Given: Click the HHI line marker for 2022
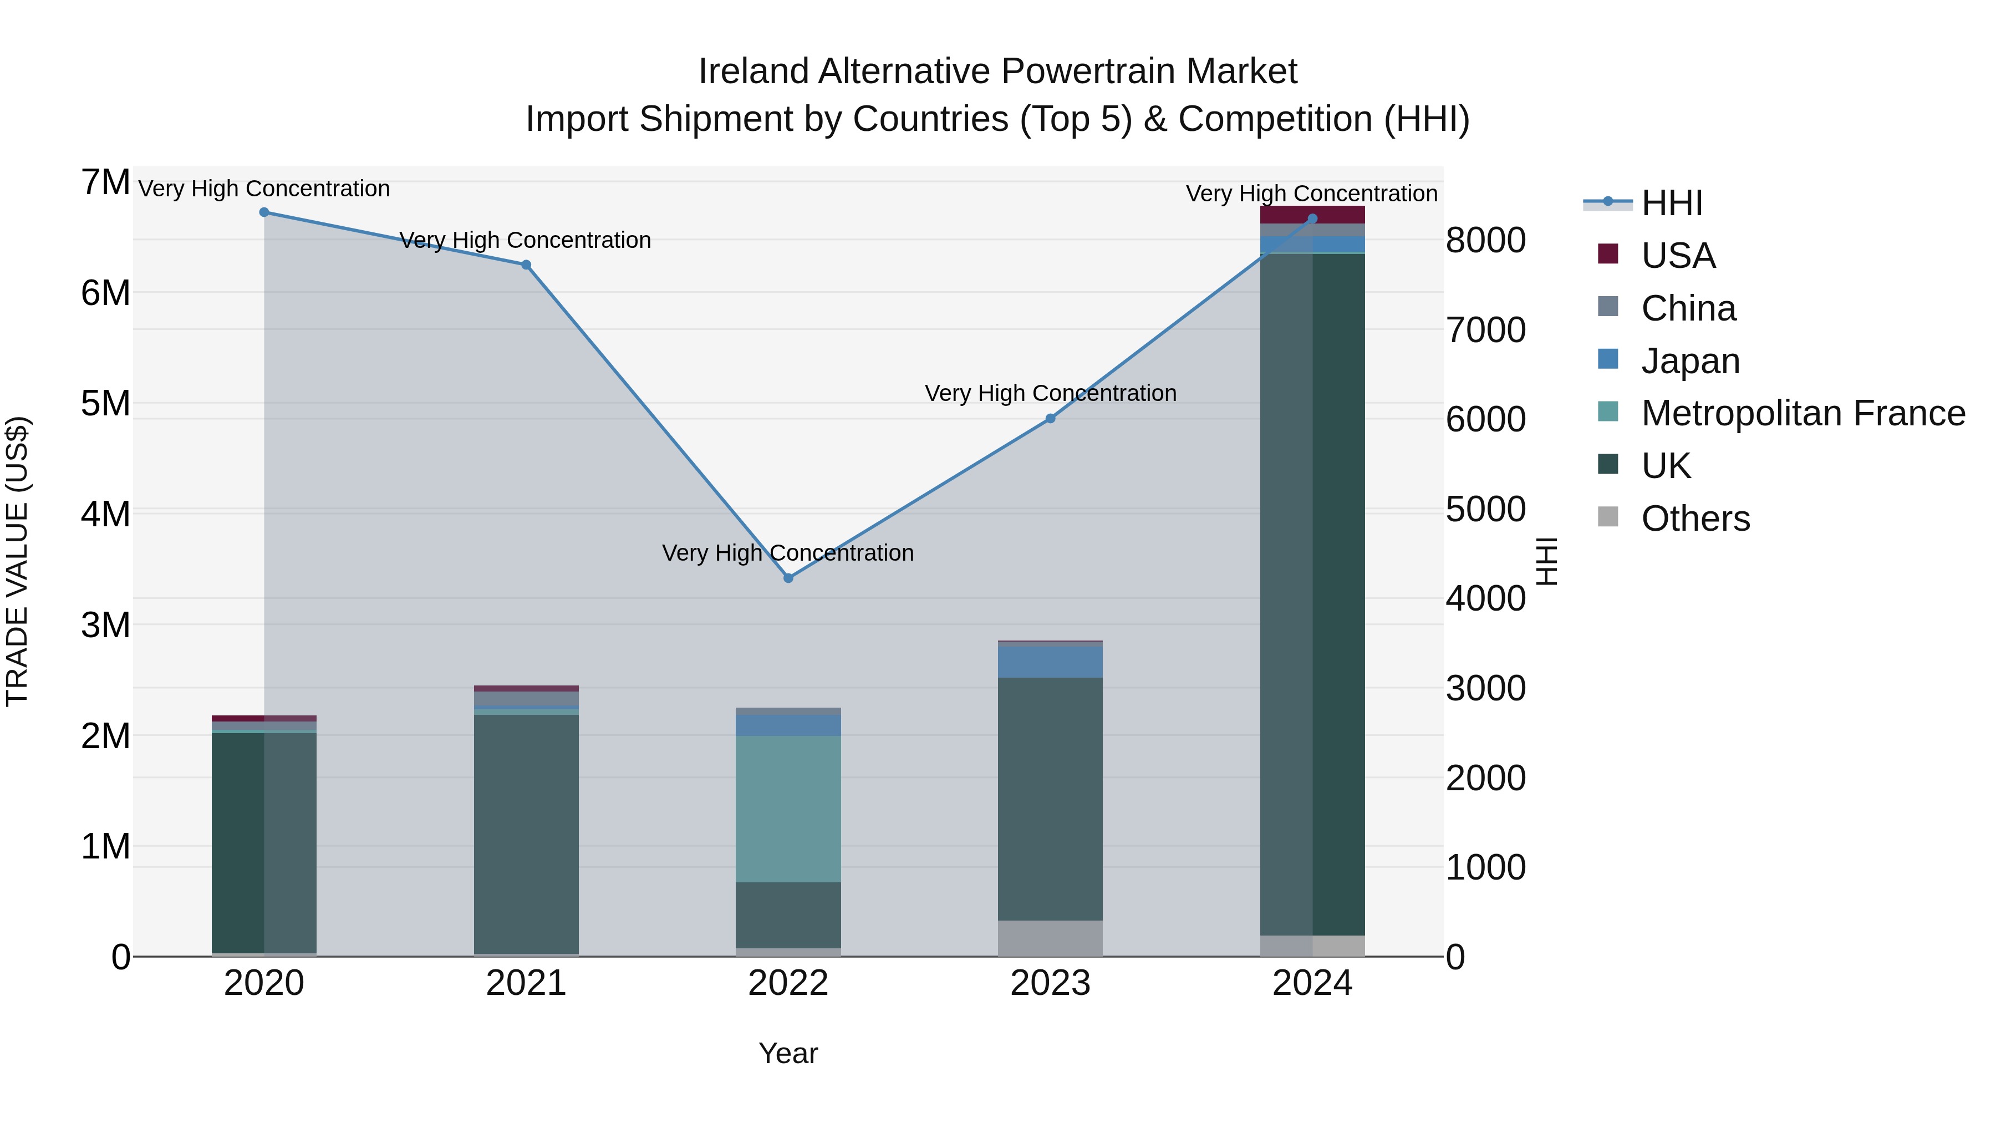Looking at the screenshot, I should tap(788, 578).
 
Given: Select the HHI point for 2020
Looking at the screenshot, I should tap(264, 212).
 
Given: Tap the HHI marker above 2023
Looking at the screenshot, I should tap(1050, 419).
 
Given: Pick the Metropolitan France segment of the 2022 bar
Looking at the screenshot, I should tap(788, 809).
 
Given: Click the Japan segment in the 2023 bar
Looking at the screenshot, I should tap(1050, 662).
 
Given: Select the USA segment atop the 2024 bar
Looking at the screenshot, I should tap(1312, 215).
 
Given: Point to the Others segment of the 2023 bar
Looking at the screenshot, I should tap(1050, 938).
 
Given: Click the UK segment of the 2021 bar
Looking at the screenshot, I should tap(526, 833).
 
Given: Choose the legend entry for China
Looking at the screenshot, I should tap(1688, 308).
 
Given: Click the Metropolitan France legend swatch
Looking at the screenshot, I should tap(1608, 411).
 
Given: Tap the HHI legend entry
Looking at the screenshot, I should tap(1671, 203).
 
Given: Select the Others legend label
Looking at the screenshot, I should tap(1695, 519).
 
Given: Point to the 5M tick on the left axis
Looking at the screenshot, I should tap(106, 404).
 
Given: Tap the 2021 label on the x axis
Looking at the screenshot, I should tap(526, 983).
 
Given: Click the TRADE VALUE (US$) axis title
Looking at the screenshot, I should tap(17, 561).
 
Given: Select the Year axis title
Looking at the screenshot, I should tap(788, 1053).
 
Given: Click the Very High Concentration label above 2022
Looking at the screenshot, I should tap(788, 552).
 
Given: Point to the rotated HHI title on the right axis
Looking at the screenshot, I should tap(1546, 561).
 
